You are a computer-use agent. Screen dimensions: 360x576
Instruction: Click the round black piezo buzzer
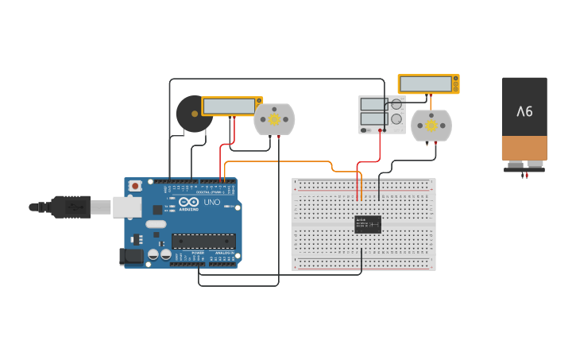[192, 114]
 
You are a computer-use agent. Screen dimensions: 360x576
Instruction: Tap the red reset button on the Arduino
[135, 186]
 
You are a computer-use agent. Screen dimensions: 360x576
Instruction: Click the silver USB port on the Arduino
[126, 207]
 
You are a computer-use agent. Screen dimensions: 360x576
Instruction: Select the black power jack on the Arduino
[131, 256]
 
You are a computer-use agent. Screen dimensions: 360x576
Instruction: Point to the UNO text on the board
[212, 202]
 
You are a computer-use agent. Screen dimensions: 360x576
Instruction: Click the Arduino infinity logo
[188, 202]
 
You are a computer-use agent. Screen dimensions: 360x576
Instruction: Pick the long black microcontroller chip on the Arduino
[203, 240]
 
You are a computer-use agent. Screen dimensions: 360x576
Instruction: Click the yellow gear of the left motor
[274, 119]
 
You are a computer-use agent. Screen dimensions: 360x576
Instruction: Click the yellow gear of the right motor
[431, 125]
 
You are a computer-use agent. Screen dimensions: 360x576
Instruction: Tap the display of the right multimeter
[426, 83]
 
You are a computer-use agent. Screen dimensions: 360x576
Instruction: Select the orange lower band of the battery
[524, 147]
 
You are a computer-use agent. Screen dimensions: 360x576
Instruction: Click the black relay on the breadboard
[368, 224]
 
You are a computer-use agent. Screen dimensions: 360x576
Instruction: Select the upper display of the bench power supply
[372, 104]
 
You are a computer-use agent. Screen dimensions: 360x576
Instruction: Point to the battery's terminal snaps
[524, 165]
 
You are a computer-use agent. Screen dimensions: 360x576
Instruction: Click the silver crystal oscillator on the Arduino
[156, 224]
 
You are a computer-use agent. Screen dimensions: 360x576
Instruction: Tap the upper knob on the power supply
[396, 104]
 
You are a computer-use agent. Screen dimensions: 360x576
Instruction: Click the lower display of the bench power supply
[372, 118]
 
